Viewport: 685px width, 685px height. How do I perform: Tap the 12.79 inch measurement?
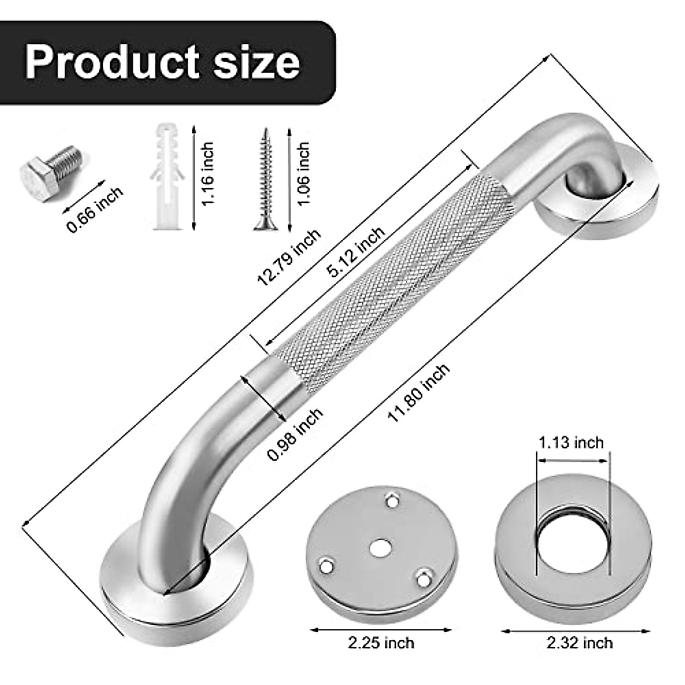[288, 256]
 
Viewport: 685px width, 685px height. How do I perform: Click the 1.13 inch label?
[571, 442]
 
